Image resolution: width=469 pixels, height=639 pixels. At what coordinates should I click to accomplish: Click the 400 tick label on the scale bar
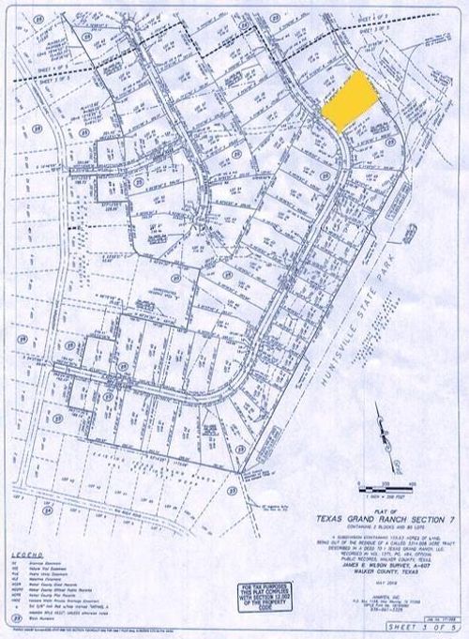[x=413, y=479]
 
